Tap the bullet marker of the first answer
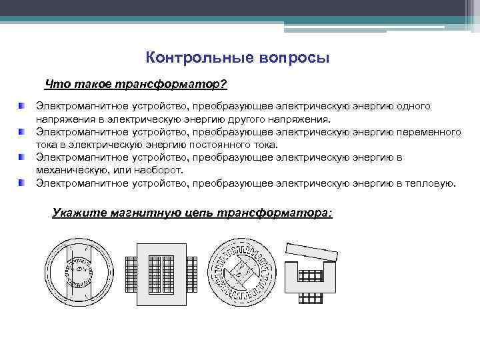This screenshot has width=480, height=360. (x=23, y=106)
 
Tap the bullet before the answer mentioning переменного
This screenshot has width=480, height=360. (x=23, y=132)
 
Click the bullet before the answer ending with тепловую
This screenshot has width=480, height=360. (x=23, y=183)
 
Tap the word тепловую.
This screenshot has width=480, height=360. (x=434, y=183)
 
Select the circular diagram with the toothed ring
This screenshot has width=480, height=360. (x=241, y=272)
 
